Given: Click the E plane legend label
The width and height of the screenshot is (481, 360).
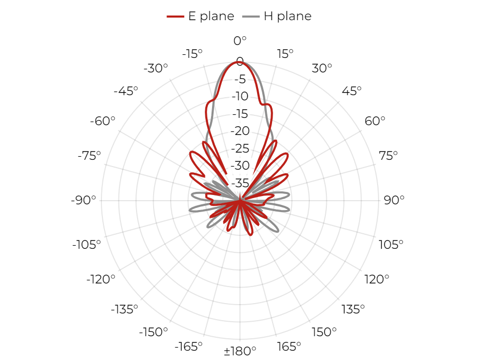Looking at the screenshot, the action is [211, 16].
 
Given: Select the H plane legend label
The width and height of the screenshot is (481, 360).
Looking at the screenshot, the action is [288, 16].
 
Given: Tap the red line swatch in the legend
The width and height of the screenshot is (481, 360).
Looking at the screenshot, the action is [175, 17].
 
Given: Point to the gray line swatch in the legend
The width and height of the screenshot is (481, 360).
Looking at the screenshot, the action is [251, 17].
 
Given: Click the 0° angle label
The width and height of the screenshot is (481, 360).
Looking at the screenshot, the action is [240, 41].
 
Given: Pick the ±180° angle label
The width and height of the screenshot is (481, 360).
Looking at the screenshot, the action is [240, 351].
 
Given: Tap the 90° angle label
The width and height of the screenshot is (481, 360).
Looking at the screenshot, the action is [394, 200].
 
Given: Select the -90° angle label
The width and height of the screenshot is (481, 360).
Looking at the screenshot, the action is [83, 200].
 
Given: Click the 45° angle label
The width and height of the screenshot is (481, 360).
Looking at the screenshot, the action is [352, 91].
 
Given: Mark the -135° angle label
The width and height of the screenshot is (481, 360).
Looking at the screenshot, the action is [124, 309].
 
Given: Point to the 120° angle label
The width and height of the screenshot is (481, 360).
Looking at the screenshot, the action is [377, 279].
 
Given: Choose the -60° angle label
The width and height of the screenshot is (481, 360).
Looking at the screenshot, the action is [102, 121].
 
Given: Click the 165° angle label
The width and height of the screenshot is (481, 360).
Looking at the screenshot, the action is [289, 347].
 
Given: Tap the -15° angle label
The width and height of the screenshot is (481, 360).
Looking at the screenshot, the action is [192, 54].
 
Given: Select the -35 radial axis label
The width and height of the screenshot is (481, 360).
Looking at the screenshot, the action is [240, 183].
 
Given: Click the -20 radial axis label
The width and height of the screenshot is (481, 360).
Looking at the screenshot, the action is [240, 131].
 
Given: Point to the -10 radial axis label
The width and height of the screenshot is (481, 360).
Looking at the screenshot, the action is [240, 96].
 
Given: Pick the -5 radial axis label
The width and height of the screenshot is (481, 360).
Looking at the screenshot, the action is [240, 79].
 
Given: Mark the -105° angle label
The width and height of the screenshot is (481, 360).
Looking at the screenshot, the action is [86, 245].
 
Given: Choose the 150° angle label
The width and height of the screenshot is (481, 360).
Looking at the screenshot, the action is [324, 332].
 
